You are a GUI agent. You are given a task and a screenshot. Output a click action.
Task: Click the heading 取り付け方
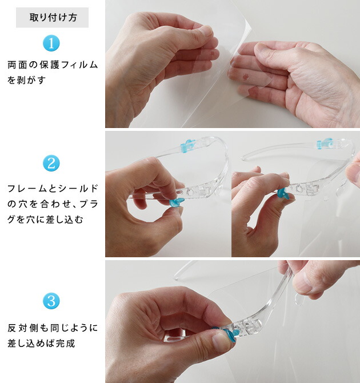53,17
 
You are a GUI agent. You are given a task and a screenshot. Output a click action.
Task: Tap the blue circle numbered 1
51,43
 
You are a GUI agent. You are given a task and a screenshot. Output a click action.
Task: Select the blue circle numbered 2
51,163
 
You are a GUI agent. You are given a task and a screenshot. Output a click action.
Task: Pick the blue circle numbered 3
51,301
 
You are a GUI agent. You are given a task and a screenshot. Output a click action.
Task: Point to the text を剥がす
27,80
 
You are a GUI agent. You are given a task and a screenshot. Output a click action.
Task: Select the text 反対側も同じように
53,328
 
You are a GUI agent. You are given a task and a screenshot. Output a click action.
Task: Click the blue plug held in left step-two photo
177,202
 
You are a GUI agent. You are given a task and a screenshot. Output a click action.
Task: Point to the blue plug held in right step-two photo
284,196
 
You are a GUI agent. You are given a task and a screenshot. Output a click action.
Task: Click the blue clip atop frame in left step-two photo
187,146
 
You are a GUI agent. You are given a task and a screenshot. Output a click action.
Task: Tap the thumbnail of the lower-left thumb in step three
221,342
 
